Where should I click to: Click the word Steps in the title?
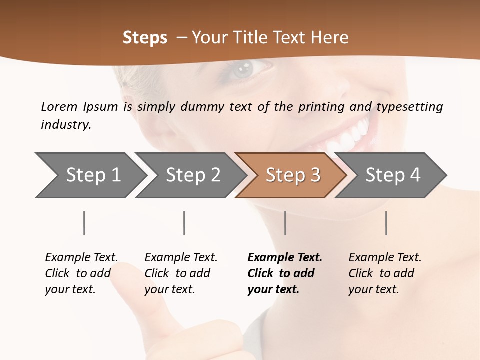pos(145,38)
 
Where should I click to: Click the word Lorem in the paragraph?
pos(59,106)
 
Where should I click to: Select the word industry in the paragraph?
pos(65,125)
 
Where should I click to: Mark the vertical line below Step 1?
pos(84,223)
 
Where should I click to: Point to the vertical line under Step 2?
pos(184,223)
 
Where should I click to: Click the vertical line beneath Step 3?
pos(285,223)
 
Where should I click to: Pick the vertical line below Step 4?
pos(386,223)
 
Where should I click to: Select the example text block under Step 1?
pos(81,273)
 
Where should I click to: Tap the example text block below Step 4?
pos(385,273)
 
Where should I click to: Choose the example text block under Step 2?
pos(181,273)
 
